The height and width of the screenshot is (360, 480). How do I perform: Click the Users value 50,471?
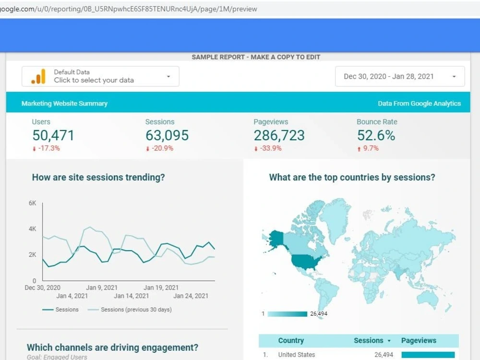point(53,135)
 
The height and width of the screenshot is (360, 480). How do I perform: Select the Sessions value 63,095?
point(167,135)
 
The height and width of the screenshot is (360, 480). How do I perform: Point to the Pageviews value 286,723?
point(279,135)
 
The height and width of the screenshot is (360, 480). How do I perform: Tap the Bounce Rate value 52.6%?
point(376,135)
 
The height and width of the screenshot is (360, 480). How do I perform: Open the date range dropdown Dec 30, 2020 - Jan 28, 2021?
point(399,76)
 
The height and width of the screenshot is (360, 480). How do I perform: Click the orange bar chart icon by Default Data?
point(38,76)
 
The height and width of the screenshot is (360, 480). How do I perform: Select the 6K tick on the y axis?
point(32,204)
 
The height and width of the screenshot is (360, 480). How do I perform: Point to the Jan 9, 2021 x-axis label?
point(102,288)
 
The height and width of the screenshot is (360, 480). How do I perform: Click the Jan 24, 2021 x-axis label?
point(191,296)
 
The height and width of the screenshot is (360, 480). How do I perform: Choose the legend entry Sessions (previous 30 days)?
point(136,310)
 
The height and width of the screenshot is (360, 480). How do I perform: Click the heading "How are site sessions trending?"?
point(98,177)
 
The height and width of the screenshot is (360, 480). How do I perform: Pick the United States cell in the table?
point(297,355)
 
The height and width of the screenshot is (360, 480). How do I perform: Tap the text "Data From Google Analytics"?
point(419,103)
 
